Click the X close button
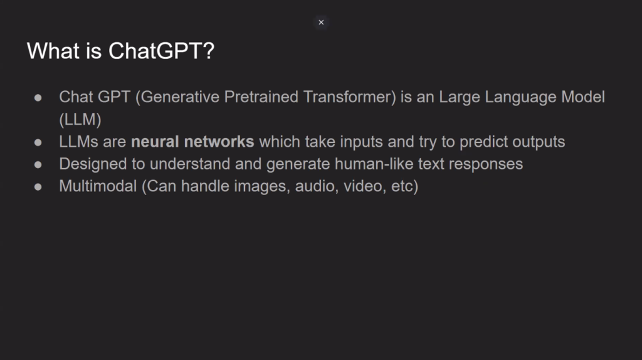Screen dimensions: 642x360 [x=321, y=23]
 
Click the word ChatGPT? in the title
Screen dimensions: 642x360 [x=161, y=51]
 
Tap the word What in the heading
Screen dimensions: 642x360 [x=53, y=51]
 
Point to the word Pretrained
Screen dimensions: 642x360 [x=261, y=97]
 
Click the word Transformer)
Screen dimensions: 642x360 [x=350, y=97]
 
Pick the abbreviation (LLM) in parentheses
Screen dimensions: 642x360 [x=80, y=120]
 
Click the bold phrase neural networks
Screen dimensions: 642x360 [x=192, y=142]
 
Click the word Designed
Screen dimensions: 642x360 [x=93, y=164]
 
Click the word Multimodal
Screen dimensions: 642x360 [x=98, y=186]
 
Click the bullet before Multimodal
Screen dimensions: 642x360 [x=38, y=187]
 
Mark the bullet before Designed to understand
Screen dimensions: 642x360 [x=38, y=165]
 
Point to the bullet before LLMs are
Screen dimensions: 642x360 [x=38, y=142]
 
